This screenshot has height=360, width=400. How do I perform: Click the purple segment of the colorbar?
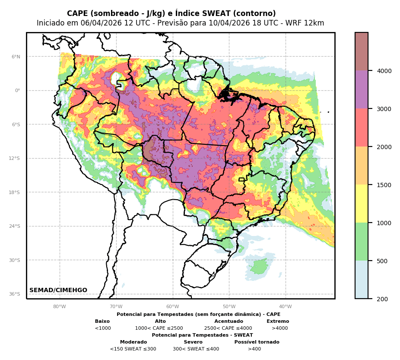(362, 89)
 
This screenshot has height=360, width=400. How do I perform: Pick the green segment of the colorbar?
(362, 242)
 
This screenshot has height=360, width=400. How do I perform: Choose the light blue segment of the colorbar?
(362, 280)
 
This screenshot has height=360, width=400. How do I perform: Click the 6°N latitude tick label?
(16, 57)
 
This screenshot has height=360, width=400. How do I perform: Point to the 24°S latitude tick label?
(15, 226)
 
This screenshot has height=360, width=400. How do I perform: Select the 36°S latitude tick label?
(15, 294)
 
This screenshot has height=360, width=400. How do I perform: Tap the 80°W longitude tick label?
(60, 307)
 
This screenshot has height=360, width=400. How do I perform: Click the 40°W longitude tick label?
(286, 307)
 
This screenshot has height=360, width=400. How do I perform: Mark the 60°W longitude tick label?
(172, 307)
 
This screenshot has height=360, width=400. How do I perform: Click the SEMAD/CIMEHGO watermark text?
(58, 290)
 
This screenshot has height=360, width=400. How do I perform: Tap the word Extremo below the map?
(278, 321)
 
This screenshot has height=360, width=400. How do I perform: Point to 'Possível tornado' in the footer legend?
(257, 342)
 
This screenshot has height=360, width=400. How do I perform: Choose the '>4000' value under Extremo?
(279, 328)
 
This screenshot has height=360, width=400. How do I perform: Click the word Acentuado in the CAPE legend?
(229, 321)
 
